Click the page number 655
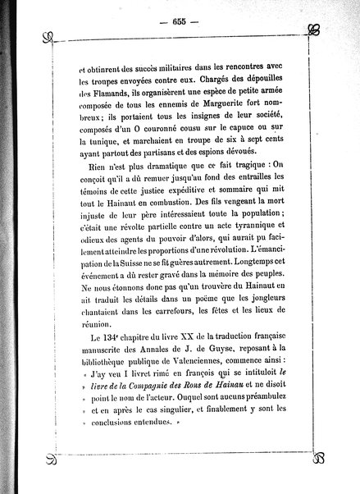pyautogui.click(x=179, y=21)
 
